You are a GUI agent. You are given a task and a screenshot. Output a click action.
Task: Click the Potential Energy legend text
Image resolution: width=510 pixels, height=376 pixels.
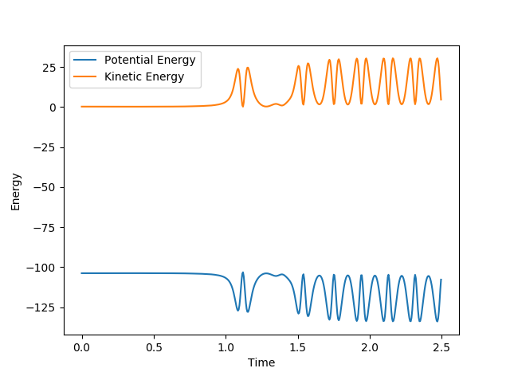coord(150,61)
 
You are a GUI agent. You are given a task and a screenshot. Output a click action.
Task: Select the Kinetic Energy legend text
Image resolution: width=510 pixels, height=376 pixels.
coord(144,76)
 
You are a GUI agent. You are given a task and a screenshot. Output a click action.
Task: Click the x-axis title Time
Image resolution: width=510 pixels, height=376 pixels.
coord(261,362)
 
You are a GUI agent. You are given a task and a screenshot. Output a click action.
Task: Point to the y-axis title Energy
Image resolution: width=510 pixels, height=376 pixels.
coord(16,191)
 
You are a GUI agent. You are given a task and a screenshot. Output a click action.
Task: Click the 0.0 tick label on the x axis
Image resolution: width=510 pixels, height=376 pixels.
coord(81,348)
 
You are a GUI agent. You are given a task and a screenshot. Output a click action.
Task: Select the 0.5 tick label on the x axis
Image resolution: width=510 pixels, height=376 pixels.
coord(154,348)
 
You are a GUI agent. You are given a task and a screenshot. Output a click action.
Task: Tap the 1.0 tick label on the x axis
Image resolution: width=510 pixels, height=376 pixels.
coord(226,348)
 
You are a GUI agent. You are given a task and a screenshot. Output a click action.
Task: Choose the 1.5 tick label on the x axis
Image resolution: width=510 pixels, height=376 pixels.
coord(297,348)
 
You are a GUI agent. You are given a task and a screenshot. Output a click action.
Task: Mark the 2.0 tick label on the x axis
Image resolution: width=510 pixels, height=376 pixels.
coord(369,348)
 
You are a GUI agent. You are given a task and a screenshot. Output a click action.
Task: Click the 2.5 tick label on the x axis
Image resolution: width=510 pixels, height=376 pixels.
coord(441,348)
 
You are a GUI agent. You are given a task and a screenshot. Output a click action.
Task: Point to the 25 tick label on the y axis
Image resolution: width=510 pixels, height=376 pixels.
coord(50,68)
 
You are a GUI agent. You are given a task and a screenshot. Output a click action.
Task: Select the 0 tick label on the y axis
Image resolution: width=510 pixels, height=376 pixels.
coord(53,108)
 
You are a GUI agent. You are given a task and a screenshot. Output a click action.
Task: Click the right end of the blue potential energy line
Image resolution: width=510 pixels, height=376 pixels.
coord(441,280)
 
